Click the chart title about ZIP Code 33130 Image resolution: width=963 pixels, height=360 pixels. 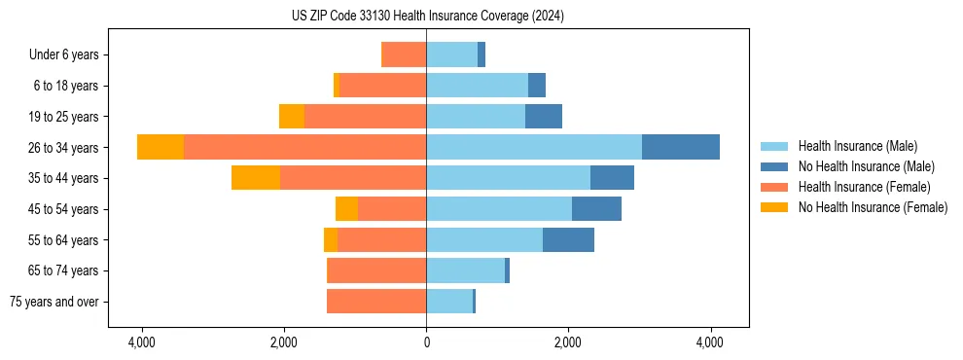(426, 17)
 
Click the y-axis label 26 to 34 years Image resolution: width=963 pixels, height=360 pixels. (64, 148)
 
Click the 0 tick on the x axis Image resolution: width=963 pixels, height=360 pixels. (426, 342)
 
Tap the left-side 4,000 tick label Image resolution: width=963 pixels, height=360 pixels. (142, 342)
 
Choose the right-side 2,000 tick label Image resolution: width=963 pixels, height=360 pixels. (568, 342)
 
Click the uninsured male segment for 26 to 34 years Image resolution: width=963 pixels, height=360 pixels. (681, 147)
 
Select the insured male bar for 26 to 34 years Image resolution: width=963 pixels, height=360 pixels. (534, 147)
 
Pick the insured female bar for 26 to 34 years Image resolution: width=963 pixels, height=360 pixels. (304, 147)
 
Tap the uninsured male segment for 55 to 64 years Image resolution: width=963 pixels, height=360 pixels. (568, 239)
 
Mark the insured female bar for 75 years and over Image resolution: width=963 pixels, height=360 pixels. (376, 302)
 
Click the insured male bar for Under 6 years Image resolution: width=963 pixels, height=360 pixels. (451, 54)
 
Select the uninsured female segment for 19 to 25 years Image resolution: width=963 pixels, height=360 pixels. (292, 117)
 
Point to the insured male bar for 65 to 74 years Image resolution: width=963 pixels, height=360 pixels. (465, 270)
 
